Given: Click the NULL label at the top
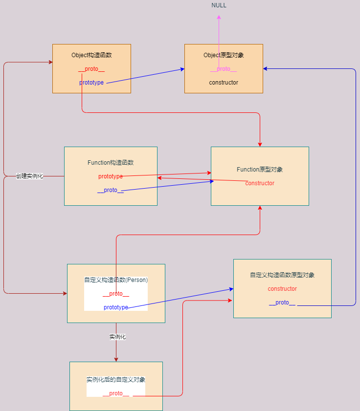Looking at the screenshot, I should [219, 5].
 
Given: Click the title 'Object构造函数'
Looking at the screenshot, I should [91, 55].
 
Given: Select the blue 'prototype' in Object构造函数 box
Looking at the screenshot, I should [91, 83].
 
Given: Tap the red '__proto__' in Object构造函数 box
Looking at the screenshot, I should [91, 69].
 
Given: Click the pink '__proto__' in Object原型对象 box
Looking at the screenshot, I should [224, 69].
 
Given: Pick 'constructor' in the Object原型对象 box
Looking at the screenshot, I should [224, 83].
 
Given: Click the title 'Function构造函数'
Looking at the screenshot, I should [111, 163].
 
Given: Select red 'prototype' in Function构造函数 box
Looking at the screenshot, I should [111, 176].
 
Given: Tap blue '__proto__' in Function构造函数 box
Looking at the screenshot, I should [111, 190].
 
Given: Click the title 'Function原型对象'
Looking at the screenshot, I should [260, 170].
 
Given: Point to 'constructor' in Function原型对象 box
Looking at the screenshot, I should [260, 183].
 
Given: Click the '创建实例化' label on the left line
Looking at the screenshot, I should [29, 176].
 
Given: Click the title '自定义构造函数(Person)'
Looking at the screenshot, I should [116, 280].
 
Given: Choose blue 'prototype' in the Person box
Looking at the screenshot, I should [116, 307].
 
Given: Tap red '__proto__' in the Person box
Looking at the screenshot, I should [116, 294].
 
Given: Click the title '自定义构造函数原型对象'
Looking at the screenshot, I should [282, 275].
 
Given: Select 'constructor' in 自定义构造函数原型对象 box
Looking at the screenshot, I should [282, 289].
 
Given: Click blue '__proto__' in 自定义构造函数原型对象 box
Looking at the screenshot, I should [282, 303].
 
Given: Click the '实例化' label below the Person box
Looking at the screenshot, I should [118, 337].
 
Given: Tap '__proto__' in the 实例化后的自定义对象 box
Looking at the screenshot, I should [116, 393].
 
